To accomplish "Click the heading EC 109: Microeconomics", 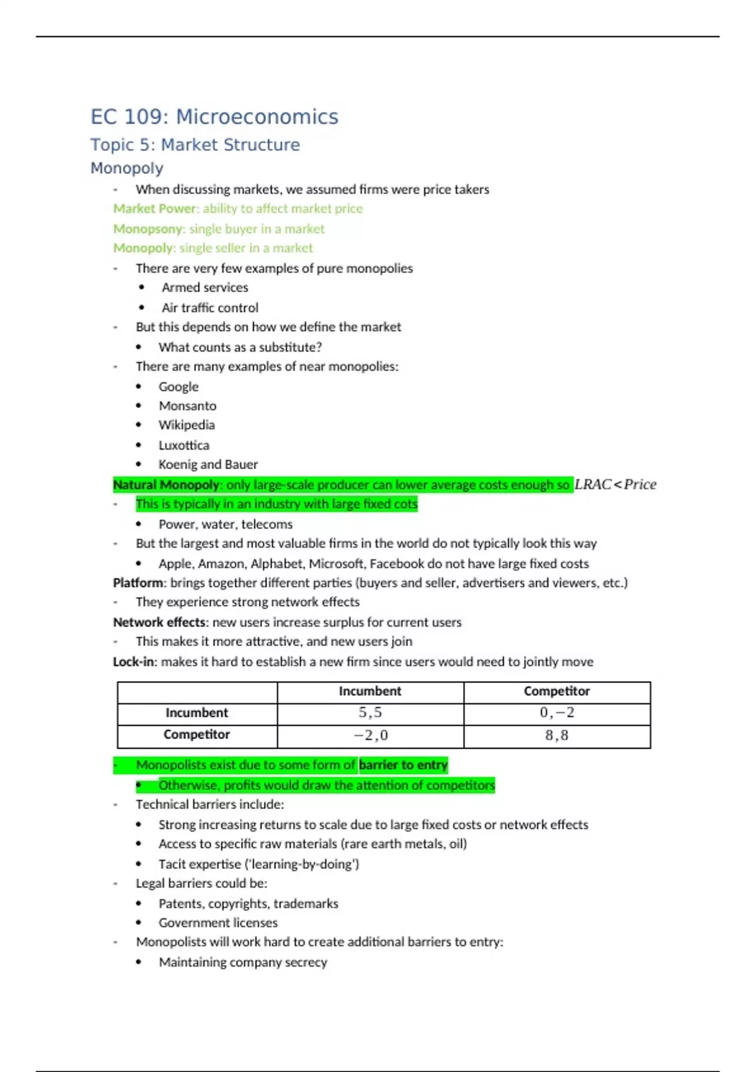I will [214, 117].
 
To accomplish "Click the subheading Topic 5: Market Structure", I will [195, 144].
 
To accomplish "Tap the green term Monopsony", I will [147, 228].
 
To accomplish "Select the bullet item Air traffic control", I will [210, 308].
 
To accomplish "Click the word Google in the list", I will [178, 387].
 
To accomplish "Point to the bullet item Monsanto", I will [187, 405].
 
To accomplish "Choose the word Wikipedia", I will [186, 425].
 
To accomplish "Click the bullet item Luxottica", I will [184, 445].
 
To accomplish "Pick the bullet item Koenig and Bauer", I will [208, 465].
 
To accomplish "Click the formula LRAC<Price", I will [616, 484].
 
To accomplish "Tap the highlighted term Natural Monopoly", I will [166, 485].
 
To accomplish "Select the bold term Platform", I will [137, 583].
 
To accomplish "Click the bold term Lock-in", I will [134, 661].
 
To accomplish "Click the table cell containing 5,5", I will [370, 713].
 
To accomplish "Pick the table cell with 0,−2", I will [557, 713].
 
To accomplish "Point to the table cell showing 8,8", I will [557, 735].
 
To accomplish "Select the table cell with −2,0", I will [370, 735].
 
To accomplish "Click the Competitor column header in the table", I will [557, 691].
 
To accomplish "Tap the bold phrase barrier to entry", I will [403, 765].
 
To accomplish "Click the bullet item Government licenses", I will [218, 923].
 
